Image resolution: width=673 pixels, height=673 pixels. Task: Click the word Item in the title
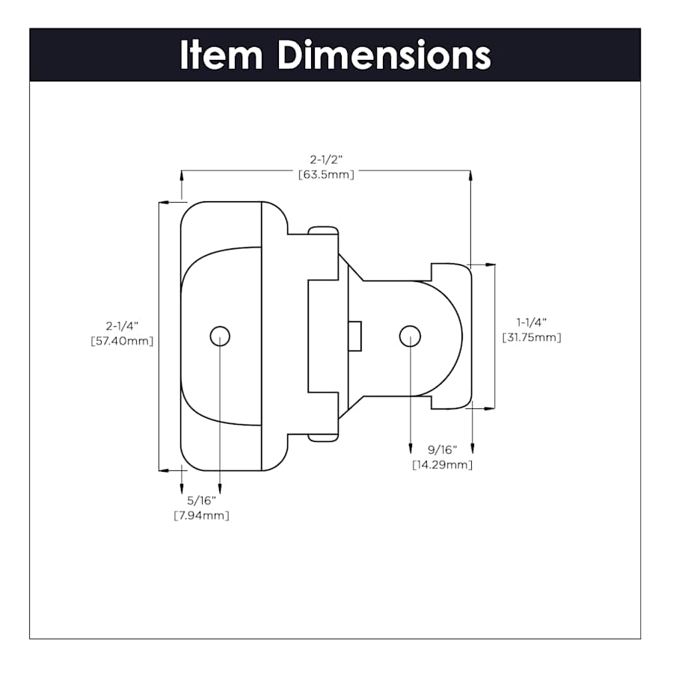click(222, 55)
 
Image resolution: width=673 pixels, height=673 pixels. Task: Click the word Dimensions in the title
click(384, 55)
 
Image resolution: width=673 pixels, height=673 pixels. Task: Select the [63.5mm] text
click(326, 174)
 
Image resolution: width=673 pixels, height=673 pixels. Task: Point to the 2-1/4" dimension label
click(123, 326)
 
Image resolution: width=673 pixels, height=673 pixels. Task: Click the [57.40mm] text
click(122, 341)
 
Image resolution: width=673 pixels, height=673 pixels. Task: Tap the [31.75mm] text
click(531, 337)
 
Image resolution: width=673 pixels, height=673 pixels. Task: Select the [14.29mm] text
click(442, 465)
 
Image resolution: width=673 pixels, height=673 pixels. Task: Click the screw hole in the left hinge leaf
click(220, 336)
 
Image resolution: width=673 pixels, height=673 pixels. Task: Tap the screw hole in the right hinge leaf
click(410, 336)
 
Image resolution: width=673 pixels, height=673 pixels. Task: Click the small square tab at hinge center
click(355, 336)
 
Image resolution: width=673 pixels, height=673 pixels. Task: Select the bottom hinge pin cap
click(322, 437)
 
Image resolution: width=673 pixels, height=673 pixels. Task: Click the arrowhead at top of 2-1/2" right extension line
click(471, 176)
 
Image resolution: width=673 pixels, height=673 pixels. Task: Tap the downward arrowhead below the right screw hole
click(410, 448)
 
